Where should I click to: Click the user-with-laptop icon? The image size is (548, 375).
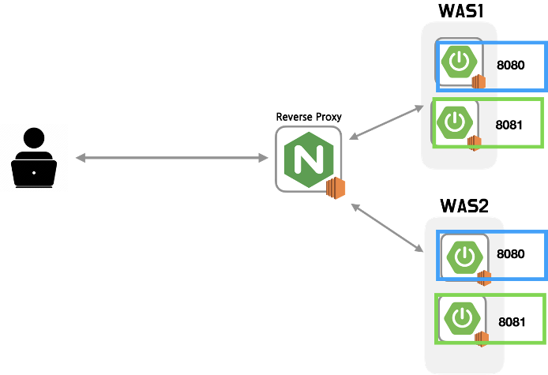click(x=34, y=158)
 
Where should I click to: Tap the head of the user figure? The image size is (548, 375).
click(x=34, y=138)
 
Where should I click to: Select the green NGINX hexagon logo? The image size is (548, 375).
click(x=308, y=159)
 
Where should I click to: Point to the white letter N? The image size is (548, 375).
click(x=308, y=159)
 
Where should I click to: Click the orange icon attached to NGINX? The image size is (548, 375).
click(x=336, y=188)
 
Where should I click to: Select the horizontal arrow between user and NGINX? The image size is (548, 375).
click(x=171, y=158)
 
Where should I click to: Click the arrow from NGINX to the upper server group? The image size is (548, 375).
click(x=386, y=122)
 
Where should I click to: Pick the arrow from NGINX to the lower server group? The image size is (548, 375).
click(x=387, y=227)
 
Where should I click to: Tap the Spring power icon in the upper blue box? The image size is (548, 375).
click(x=459, y=62)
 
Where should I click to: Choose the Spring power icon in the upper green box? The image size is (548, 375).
click(x=455, y=122)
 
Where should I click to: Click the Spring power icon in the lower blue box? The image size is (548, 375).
click(x=464, y=257)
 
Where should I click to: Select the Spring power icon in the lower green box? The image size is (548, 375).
click(x=462, y=318)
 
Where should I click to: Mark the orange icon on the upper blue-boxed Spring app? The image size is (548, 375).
click(x=479, y=81)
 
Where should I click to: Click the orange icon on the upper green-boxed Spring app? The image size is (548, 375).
click(x=474, y=142)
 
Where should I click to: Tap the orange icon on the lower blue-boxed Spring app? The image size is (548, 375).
click(x=483, y=277)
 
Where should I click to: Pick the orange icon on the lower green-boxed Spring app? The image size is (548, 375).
click(x=481, y=338)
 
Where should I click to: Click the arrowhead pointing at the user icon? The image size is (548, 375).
click(x=80, y=158)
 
